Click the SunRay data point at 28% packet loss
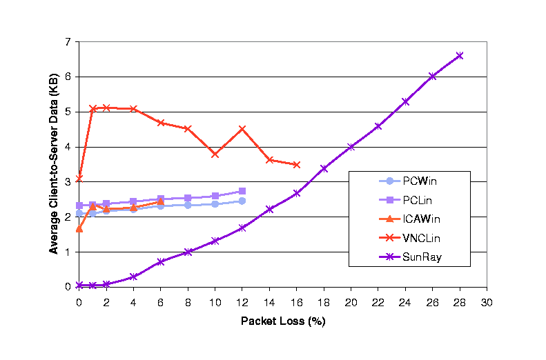[460, 56]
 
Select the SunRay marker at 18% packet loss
[324, 168]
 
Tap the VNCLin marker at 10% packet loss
[215, 154]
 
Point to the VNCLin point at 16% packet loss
[297, 165]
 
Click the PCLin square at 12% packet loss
[242, 191]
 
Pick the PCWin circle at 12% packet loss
[242, 201]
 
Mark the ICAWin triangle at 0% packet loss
[79, 228]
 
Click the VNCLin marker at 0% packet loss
[79, 178]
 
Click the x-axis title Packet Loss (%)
[282, 321]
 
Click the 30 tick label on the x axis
[487, 302]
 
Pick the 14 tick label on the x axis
[269, 302]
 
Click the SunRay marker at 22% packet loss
[378, 126]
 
